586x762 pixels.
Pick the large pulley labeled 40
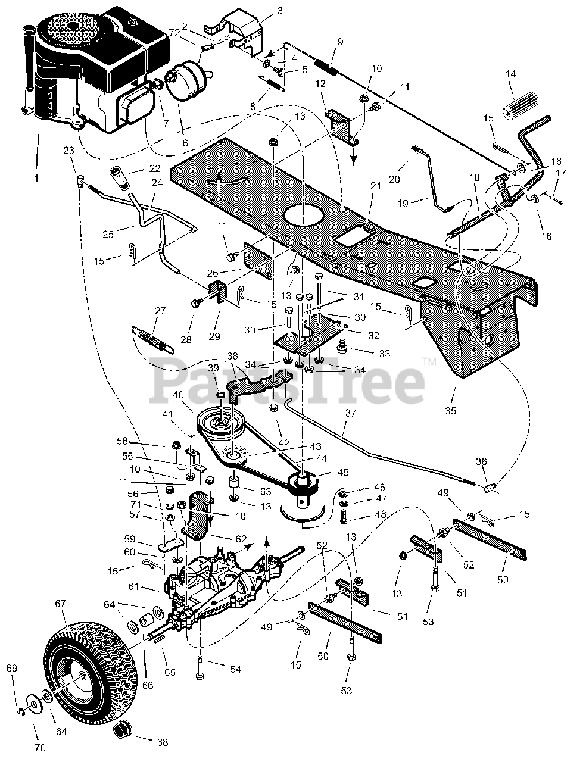point(220,422)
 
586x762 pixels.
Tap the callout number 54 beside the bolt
point(235,670)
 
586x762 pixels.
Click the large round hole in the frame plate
point(306,215)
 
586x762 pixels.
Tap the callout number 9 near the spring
point(340,42)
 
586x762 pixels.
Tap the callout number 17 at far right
point(560,173)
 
